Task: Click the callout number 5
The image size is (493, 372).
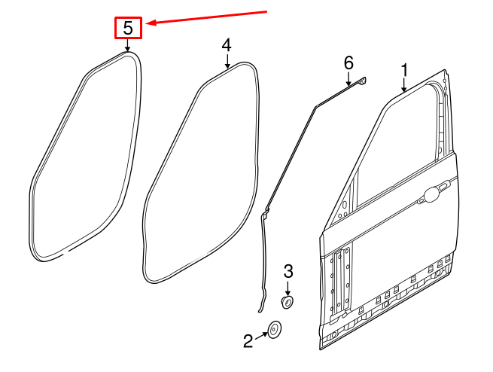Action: [x=128, y=28]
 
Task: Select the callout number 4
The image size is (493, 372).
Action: [x=227, y=45]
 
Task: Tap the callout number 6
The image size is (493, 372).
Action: [x=348, y=63]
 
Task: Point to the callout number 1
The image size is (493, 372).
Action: [x=404, y=70]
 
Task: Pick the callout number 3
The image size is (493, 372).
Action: [x=288, y=271]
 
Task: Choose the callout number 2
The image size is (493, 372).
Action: [x=248, y=341]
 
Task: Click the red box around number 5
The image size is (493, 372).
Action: [x=128, y=28]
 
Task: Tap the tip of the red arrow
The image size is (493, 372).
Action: [x=147, y=23]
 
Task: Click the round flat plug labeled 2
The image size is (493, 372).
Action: [x=275, y=330]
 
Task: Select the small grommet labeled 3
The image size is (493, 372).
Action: [x=287, y=302]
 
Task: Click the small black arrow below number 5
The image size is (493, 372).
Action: [x=127, y=44]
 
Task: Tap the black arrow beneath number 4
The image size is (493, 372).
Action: [x=227, y=61]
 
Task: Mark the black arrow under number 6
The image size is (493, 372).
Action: [x=348, y=78]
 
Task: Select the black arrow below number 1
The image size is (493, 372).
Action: [x=404, y=85]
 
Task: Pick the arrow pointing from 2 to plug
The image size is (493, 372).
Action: [x=262, y=336]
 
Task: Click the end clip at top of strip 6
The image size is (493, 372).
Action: [x=362, y=81]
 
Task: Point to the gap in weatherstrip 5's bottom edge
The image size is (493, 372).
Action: [x=68, y=251]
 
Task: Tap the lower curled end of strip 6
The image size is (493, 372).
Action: [x=260, y=310]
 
